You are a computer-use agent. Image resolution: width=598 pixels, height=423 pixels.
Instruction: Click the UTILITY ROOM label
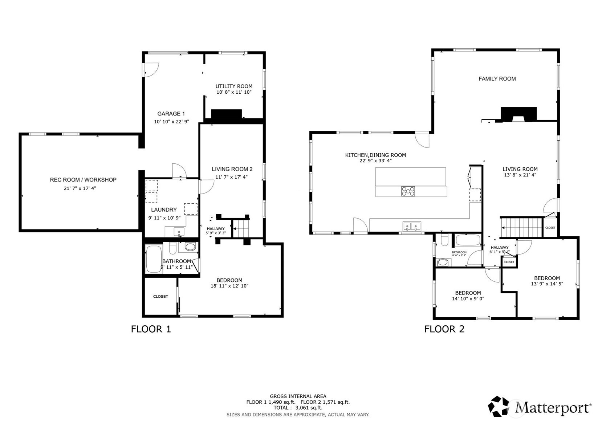coord(234,86)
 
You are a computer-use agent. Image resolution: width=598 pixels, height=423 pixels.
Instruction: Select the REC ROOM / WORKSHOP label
coord(83,180)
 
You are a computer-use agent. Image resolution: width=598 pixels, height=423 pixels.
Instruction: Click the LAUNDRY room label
coord(164,210)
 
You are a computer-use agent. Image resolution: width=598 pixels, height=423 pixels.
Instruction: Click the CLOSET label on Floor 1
coord(160,297)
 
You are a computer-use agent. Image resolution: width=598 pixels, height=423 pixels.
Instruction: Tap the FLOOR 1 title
coord(151,329)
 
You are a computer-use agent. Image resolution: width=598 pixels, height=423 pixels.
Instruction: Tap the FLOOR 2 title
coord(444,329)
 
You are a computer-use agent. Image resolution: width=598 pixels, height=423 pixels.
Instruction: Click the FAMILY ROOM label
coord(497,79)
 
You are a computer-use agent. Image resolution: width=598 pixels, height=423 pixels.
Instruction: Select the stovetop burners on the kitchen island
coord(408,191)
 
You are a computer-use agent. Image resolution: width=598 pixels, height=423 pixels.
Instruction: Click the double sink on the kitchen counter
coord(412,227)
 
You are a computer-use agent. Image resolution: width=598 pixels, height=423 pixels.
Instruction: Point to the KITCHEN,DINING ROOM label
coord(375,155)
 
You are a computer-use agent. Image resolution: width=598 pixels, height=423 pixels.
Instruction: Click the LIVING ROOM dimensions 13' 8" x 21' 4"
coord(520,175)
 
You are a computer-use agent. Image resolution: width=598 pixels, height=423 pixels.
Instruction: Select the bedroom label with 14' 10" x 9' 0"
coord(468,293)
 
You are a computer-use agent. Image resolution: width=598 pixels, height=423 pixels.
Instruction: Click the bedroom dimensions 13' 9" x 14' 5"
coord(546,284)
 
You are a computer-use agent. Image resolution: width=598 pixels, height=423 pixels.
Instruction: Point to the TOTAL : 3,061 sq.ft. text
coord(298,408)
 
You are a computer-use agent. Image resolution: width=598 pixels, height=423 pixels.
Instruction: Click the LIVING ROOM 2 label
coord(232,169)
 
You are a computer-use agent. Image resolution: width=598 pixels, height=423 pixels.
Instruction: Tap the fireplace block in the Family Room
coord(518,113)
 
